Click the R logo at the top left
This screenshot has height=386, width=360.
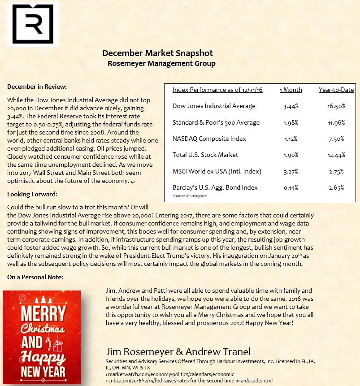(x=30, y=24)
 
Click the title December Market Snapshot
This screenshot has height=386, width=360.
(x=157, y=53)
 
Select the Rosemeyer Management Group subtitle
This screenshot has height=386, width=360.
(x=161, y=64)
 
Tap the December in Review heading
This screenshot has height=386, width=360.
(x=37, y=87)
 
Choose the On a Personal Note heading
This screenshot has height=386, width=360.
(x=35, y=278)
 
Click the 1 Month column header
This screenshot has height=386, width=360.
(x=291, y=90)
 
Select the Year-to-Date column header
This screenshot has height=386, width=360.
(x=336, y=90)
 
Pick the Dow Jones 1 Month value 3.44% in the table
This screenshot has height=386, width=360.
(x=291, y=106)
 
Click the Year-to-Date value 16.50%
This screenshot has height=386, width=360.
(x=336, y=106)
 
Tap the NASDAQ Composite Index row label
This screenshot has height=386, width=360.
(x=209, y=139)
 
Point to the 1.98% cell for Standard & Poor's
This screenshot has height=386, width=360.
(x=291, y=122)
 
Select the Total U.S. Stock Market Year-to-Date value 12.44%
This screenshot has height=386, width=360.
(x=336, y=155)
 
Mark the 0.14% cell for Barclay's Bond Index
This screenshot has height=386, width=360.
(x=291, y=187)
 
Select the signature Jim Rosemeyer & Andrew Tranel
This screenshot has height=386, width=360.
(x=178, y=351)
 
